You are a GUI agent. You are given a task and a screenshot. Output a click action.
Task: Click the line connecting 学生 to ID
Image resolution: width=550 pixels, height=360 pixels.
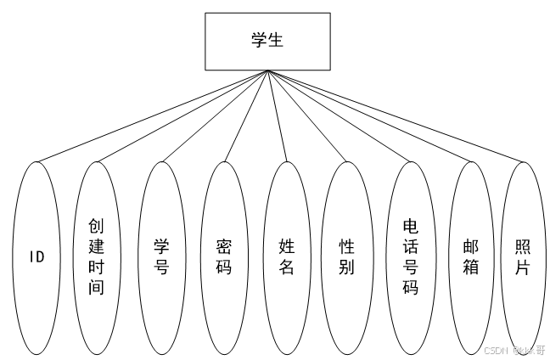coord(153,115)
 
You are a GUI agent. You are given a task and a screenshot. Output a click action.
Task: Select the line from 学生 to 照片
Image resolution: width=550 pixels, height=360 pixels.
coord(395,115)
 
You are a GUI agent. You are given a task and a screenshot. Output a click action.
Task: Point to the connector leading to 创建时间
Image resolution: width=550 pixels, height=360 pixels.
coord(182,115)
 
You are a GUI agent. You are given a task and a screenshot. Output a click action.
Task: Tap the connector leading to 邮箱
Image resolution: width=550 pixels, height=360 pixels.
coord(369,115)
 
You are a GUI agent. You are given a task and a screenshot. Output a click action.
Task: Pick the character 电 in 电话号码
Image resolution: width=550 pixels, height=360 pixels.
coord(411,226)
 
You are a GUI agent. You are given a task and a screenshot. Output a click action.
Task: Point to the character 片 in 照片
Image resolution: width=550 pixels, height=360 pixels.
coord(523,267)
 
